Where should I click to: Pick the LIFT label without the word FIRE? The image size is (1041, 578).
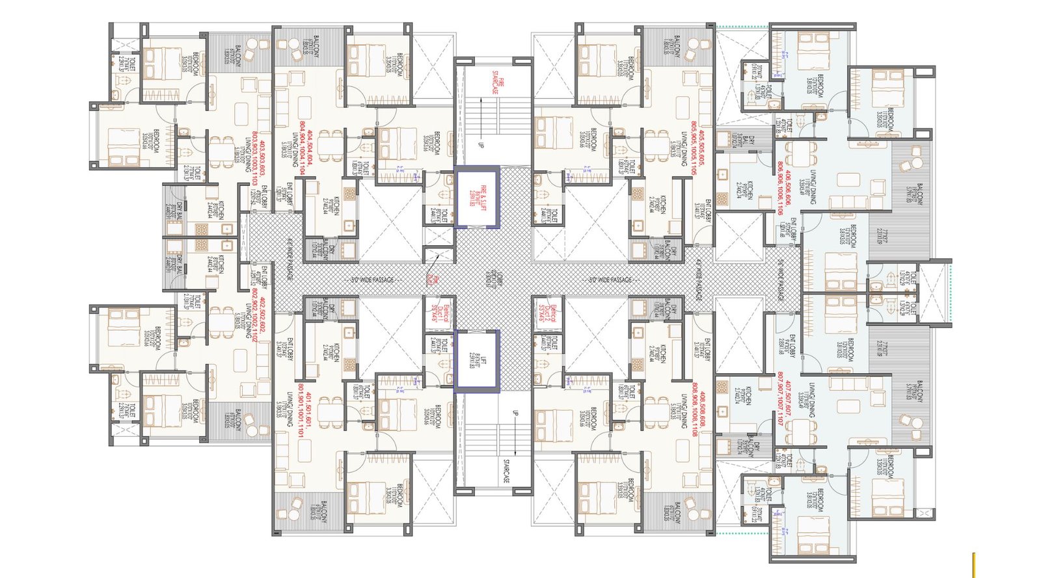478,361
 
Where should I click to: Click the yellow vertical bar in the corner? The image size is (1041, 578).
973,564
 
